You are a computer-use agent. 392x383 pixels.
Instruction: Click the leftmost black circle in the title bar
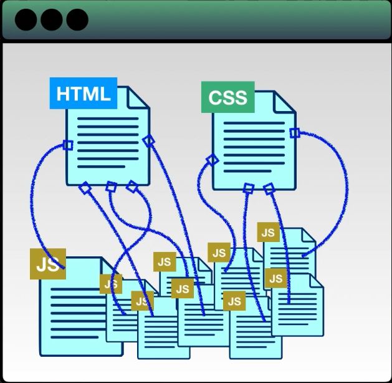point(26,20)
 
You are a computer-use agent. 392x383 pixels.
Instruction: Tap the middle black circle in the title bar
point(52,20)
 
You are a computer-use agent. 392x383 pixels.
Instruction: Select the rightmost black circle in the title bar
point(77,20)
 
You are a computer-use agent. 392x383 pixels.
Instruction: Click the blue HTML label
point(84,94)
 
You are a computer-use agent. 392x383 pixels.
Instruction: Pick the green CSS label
point(228,97)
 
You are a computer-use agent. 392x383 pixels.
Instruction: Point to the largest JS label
point(47,264)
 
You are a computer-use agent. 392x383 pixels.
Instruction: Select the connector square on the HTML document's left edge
point(68,145)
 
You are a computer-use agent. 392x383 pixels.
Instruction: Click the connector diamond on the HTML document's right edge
point(148,140)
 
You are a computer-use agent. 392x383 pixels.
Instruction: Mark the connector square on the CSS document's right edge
point(295,132)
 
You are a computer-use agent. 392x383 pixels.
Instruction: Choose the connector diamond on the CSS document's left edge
point(213,160)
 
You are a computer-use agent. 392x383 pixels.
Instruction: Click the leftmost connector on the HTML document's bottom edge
point(85,187)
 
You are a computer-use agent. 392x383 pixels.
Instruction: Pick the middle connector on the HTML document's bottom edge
point(111,187)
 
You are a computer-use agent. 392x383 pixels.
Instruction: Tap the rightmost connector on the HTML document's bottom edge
point(131,186)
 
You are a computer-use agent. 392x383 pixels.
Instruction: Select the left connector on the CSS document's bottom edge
point(248,188)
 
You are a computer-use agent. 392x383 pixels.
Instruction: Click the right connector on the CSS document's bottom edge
point(269,188)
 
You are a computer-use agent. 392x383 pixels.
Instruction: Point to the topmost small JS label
point(268,233)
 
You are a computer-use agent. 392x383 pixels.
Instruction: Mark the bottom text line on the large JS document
point(75,337)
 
